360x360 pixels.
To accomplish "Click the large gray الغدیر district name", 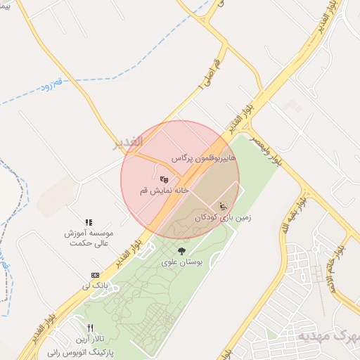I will tap(129, 143).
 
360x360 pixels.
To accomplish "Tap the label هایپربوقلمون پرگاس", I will tap(200, 160).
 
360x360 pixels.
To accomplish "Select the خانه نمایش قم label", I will tap(163, 191).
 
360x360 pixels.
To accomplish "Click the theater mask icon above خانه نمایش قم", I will tap(164, 180).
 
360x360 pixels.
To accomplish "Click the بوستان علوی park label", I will tap(182, 262).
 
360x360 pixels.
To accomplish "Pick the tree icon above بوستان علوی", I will tap(182, 250).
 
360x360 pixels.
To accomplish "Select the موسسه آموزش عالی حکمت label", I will tap(89, 238).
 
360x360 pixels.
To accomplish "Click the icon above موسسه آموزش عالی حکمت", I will tap(89, 222).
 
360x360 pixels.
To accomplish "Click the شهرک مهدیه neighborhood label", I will tap(327, 335).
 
